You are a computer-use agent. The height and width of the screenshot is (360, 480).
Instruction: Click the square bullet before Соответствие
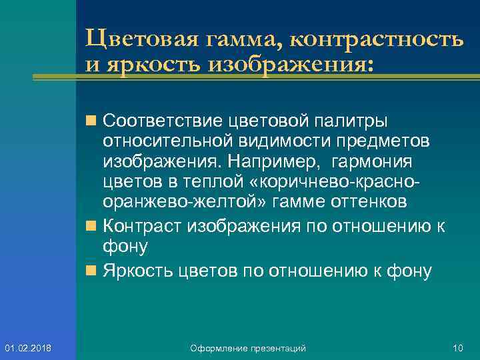89,122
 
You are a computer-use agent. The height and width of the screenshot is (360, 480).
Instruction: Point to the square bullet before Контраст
89,226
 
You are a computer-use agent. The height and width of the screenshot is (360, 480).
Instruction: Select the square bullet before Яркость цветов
89,271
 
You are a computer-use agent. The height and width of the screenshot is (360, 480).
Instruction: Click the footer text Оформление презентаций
247,348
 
